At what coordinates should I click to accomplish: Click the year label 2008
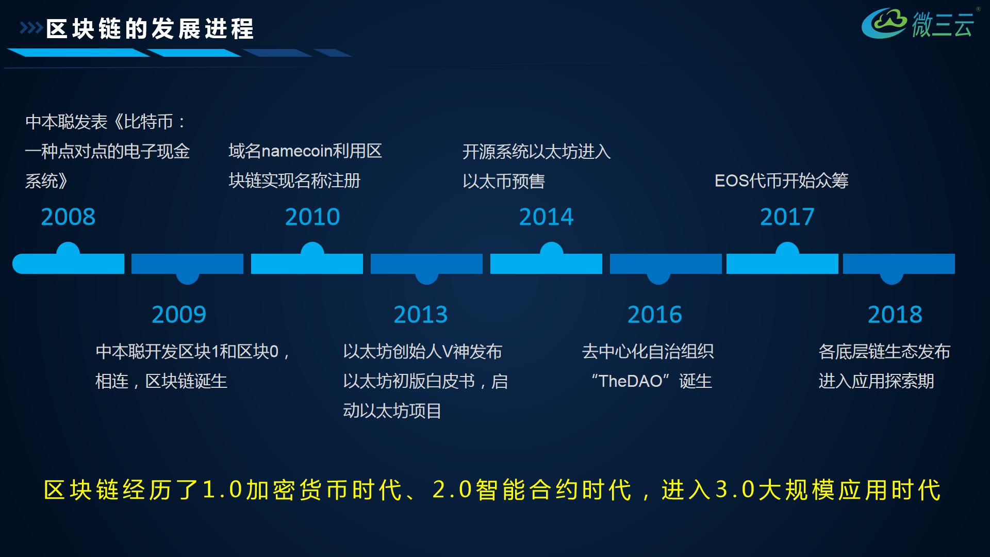tap(68, 217)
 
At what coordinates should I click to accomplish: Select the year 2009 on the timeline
tap(179, 315)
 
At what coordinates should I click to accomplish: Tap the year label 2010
tap(312, 217)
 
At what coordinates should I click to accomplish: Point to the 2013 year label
tap(421, 315)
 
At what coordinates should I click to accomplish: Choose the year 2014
tap(546, 217)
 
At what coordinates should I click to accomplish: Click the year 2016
tap(655, 315)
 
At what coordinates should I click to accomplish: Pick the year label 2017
tap(787, 217)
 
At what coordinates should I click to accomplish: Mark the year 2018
tap(895, 315)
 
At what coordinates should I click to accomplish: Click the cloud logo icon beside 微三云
tap(884, 23)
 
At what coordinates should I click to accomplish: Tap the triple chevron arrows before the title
tap(31, 28)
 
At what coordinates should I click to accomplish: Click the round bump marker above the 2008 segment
tap(68, 250)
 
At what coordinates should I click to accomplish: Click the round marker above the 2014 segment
tap(551, 250)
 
